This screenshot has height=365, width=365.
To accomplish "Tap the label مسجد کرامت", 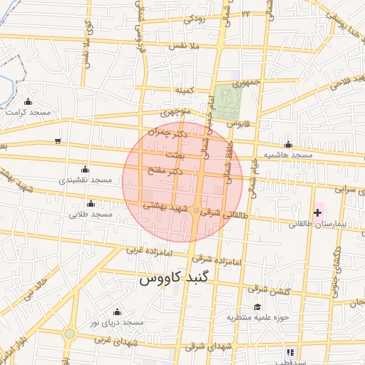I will (x=29, y=112).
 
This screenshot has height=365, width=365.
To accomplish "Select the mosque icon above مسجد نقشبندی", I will (x=86, y=170).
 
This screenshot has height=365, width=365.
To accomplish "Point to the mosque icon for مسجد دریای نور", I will (x=117, y=312).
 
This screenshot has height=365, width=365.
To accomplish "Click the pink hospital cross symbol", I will (x=317, y=212).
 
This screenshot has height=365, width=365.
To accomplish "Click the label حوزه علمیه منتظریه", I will (x=257, y=317).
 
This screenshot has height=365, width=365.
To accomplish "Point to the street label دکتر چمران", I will (x=170, y=133).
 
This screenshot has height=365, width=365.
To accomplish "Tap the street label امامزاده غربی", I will (x=145, y=250).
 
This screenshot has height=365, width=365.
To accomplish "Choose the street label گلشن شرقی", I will (x=268, y=289).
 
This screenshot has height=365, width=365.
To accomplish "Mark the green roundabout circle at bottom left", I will (x=69, y=334).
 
